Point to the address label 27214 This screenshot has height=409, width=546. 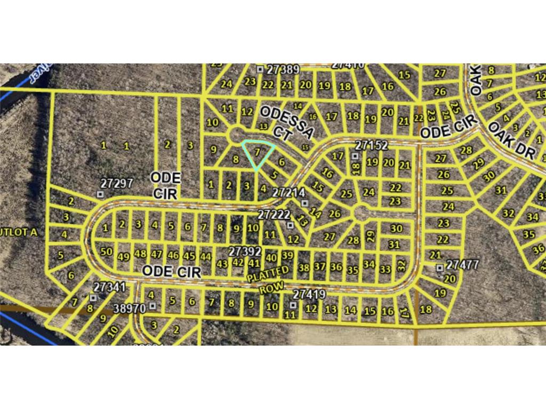[288, 192]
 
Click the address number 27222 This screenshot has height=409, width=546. [273, 214]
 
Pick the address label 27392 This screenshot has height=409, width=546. [245, 250]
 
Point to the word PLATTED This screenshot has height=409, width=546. [268, 274]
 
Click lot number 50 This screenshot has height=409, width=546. [106, 251]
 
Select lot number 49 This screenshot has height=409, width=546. [124, 256]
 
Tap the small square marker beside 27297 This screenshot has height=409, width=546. [100, 194]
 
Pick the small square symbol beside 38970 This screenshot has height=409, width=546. [153, 306]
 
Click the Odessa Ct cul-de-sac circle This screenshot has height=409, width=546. [235, 135]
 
